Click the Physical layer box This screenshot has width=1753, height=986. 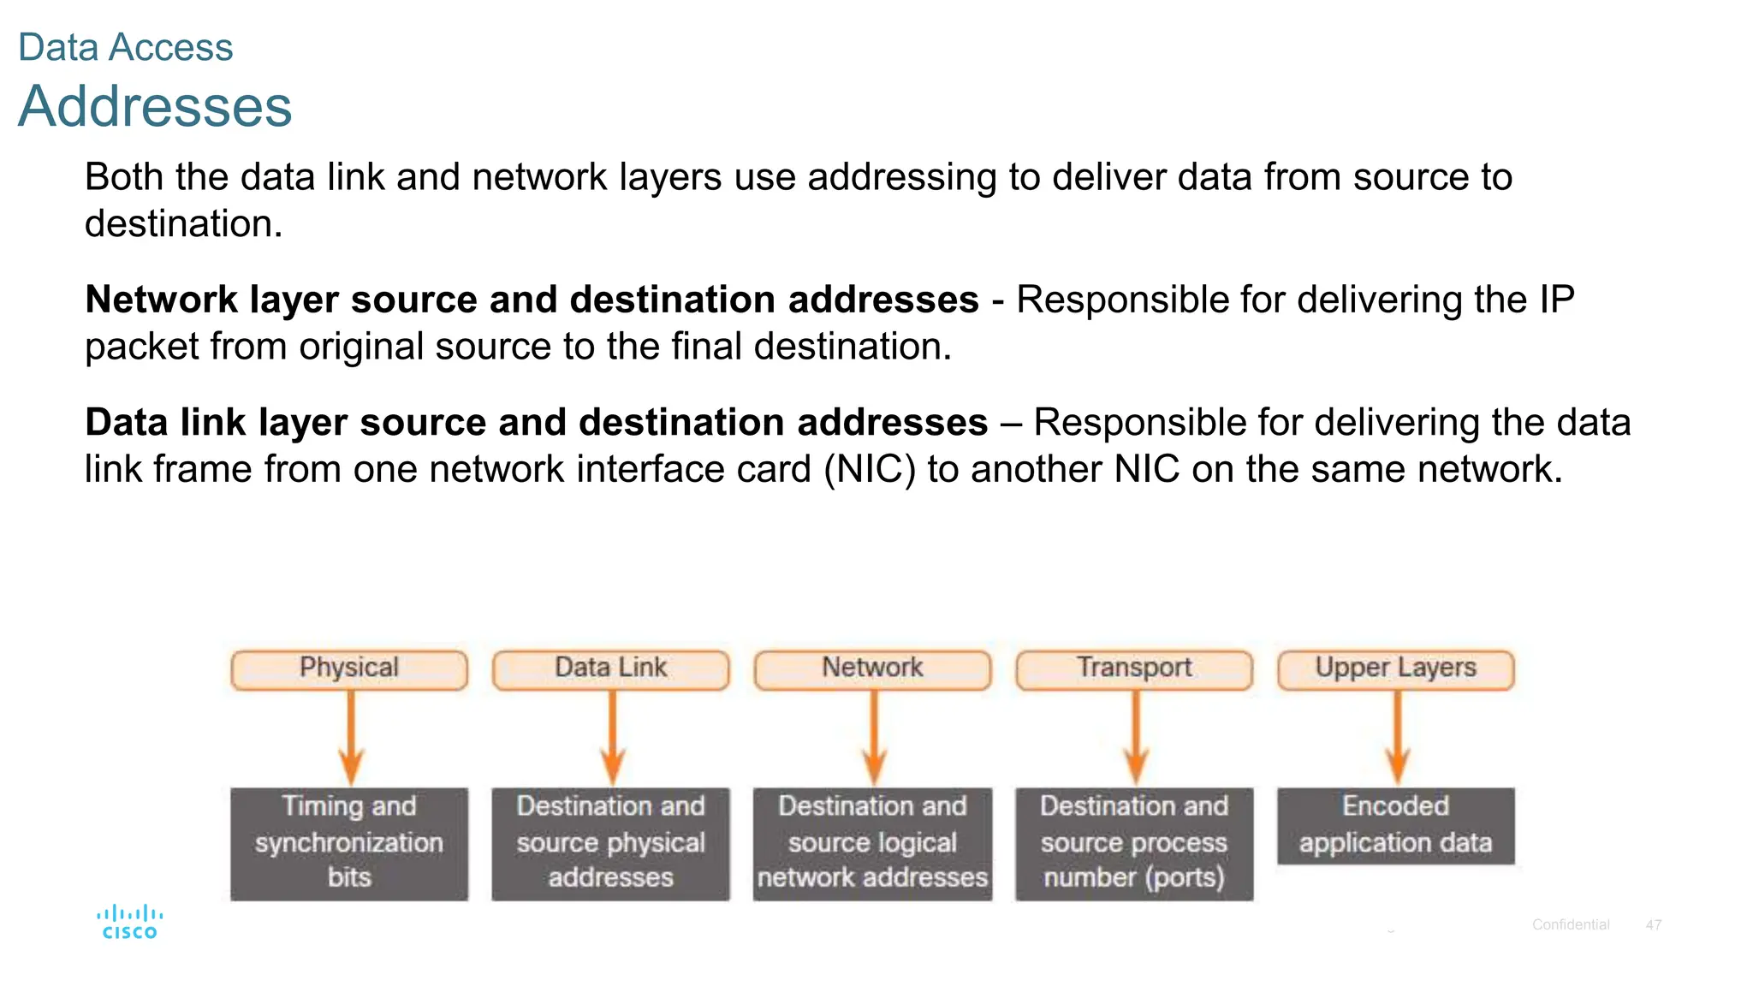click(x=349, y=668)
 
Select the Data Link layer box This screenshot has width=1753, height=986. click(x=610, y=668)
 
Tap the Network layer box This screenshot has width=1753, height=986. click(x=872, y=668)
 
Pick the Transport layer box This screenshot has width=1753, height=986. click(x=1134, y=668)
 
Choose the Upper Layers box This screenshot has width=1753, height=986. click(x=1395, y=668)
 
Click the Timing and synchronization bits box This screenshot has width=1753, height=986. click(x=349, y=843)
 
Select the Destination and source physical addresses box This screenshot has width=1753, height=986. click(x=610, y=843)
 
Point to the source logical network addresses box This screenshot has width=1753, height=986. click(x=872, y=843)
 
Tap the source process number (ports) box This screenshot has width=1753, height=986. click(x=1134, y=843)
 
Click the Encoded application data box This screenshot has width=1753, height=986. click(x=1395, y=825)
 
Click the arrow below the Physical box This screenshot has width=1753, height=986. click(x=351, y=736)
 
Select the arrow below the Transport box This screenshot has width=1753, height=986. click(x=1136, y=736)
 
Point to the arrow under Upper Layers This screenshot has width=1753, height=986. click(x=1398, y=736)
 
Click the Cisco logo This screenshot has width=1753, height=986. click(x=130, y=923)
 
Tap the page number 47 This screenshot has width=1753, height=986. click(x=1653, y=925)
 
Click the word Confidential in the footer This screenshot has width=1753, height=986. click(x=1570, y=925)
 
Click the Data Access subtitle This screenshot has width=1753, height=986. click(x=125, y=47)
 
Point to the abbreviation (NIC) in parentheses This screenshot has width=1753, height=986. click(x=870, y=470)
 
